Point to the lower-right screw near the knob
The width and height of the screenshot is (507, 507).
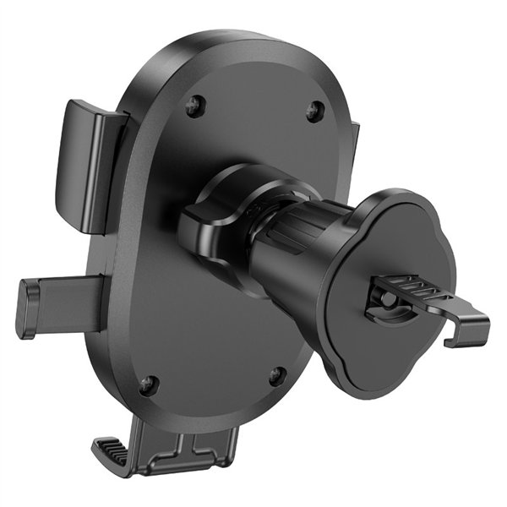(x=276, y=374)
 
